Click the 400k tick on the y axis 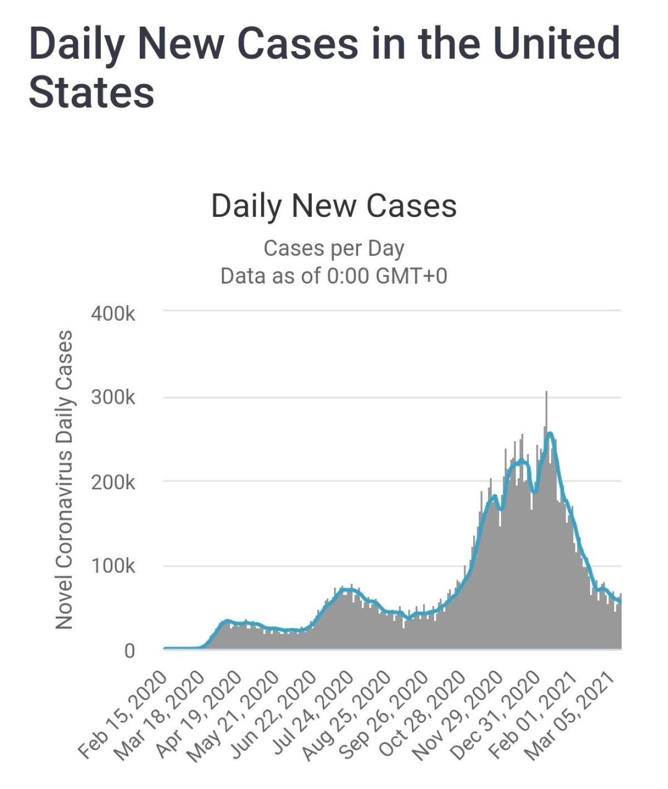tap(113, 314)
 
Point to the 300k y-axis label tap(113, 398)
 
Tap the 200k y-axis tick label tap(113, 482)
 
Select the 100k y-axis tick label tap(113, 566)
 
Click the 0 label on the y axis tap(129, 650)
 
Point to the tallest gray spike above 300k tap(547, 395)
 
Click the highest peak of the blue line tap(550, 433)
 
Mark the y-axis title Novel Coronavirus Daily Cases tap(65, 480)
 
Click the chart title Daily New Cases tap(334, 206)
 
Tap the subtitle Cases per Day tap(334, 249)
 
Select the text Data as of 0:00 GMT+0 tap(334, 276)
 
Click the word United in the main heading tap(556, 43)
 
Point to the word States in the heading tap(92, 92)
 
